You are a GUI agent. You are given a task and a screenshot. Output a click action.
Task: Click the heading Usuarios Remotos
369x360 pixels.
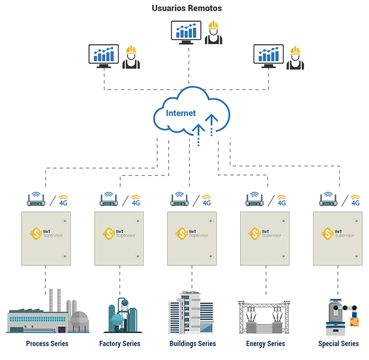187,8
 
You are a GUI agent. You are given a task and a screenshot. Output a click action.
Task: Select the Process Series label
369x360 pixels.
47,343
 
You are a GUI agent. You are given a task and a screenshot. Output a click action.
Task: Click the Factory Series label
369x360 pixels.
120,343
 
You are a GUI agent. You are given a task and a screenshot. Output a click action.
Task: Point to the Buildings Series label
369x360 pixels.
192,343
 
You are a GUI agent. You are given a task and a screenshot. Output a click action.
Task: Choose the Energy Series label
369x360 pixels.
266,343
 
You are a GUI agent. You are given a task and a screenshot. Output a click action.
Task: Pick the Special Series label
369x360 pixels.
339,343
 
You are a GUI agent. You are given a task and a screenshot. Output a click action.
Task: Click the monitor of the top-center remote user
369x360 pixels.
186,31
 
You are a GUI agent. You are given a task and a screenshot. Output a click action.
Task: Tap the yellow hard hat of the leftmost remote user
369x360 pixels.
131,49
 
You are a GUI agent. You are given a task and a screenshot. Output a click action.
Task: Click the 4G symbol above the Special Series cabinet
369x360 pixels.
355,200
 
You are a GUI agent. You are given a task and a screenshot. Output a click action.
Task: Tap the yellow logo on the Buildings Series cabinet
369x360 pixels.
182,233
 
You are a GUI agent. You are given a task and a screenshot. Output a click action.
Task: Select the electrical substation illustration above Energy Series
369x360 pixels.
264,316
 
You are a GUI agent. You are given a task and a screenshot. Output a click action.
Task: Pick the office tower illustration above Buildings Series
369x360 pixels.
190,312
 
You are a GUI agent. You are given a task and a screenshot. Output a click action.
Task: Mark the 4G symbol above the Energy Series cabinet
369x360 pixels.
282,200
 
